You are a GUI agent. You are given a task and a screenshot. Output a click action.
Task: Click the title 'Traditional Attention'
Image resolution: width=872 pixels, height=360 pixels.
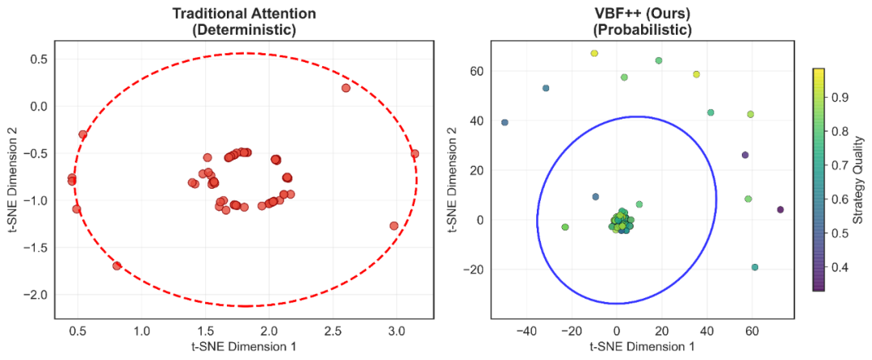pos(244,14)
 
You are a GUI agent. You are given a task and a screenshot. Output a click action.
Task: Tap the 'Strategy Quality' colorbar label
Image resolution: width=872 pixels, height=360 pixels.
pos(859,178)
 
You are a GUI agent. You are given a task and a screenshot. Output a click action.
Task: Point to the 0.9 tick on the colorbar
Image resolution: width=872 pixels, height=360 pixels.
pos(841,97)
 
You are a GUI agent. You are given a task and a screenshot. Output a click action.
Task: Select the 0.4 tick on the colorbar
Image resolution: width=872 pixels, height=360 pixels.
pos(841,266)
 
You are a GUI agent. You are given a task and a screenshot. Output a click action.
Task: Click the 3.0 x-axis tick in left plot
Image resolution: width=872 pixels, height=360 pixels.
pos(396,330)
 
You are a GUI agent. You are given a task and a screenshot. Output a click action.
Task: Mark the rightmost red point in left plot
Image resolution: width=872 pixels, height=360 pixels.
pos(414,153)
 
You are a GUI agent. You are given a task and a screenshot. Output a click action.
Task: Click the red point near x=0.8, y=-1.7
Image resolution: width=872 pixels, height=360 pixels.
pos(117,265)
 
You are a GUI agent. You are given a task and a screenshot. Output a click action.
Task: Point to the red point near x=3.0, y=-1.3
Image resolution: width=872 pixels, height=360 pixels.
pos(394,226)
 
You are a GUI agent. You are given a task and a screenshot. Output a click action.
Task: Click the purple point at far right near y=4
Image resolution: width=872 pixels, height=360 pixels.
pos(780,210)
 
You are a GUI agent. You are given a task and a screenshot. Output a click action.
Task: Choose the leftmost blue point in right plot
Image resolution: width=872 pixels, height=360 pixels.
pos(505,123)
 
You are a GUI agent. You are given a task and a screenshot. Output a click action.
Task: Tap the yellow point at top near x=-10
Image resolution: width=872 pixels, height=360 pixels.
pos(594,53)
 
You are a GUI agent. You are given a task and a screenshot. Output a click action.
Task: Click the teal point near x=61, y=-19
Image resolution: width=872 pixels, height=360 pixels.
pos(755,267)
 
